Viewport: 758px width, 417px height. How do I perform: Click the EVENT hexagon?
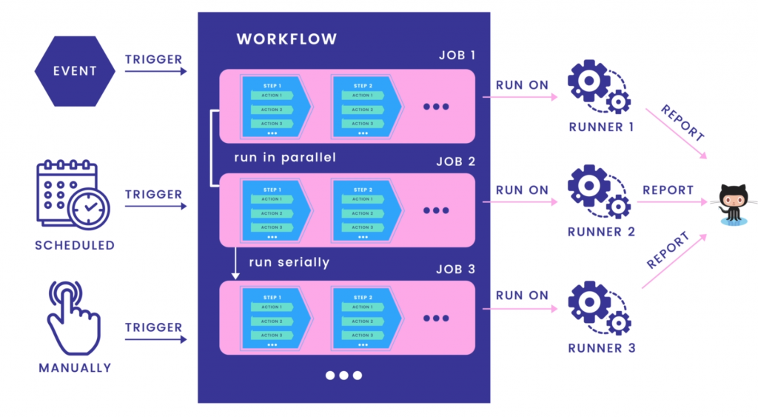click(x=75, y=71)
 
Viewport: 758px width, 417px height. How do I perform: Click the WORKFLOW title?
click(x=286, y=39)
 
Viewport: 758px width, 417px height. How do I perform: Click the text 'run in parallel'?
click(x=285, y=158)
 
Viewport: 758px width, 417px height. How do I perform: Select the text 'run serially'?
click(x=289, y=262)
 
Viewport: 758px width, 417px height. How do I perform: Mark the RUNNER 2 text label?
click(x=601, y=232)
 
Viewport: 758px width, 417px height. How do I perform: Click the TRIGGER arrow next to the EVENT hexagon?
click(x=155, y=72)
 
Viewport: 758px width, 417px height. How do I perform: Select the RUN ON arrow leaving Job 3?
click(x=521, y=307)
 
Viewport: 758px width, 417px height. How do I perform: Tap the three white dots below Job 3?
click(x=343, y=376)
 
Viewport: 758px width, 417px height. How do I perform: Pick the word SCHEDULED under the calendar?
click(x=75, y=245)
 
